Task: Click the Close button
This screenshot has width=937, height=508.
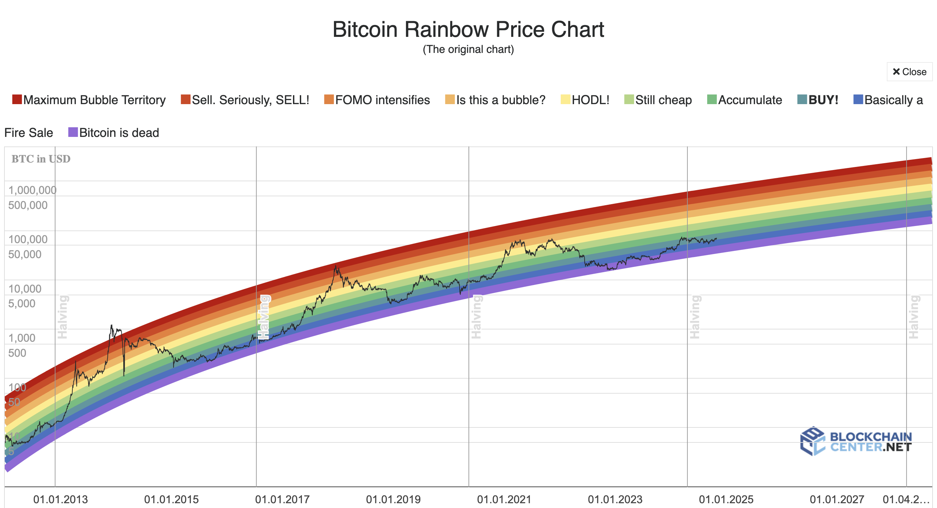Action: pyautogui.click(x=909, y=72)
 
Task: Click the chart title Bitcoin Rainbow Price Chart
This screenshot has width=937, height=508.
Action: pyautogui.click(x=468, y=29)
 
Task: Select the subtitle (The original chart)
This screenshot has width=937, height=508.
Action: pyautogui.click(x=468, y=49)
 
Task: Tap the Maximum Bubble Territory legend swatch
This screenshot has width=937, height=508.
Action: pyautogui.click(x=17, y=100)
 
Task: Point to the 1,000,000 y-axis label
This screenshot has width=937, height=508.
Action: pyautogui.click(x=32, y=190)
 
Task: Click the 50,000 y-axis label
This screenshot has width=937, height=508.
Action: pyautogui.click(x=25, y=254)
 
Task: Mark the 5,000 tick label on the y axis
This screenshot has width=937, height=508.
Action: pyautogui.click(x=22, y=303)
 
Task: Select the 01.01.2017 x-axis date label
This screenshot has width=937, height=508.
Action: pyautogui.click(x=282, y=499)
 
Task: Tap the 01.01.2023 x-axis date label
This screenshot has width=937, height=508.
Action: pyautogui.click(x=615, y=499)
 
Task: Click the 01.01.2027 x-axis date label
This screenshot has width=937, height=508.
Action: pyautogui.click(x=837, y=499)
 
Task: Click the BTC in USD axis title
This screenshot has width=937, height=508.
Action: pyautogui.click(x=41, y=159)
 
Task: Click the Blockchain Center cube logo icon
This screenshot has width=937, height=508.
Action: pyautogui.click(x=812, y=441)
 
